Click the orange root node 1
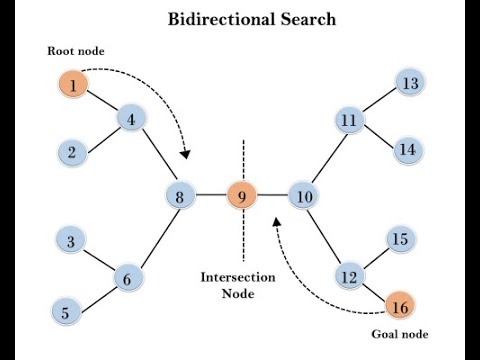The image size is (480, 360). (x=73, y=86)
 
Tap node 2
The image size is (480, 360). (x=72, y=153)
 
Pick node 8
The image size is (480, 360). (x=180, y=196)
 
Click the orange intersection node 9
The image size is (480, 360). (x=241, y=196)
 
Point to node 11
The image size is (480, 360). (x=348, y=121)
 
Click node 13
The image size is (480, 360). (x=409, y=84)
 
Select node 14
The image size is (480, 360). (x=407, y=151)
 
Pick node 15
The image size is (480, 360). (x=400, y=240)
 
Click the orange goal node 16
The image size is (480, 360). (x=399, y=305)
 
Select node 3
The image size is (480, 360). (x=70, y=241)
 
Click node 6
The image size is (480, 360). (x=127, y=279)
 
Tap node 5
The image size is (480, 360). (x=65, y=313)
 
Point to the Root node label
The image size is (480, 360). (x=75, y=51)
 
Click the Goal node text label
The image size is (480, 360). (x=398, y=335)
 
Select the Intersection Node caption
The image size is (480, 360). (x=240, y=285)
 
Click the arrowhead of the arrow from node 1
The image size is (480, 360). (x=185, y=154)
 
